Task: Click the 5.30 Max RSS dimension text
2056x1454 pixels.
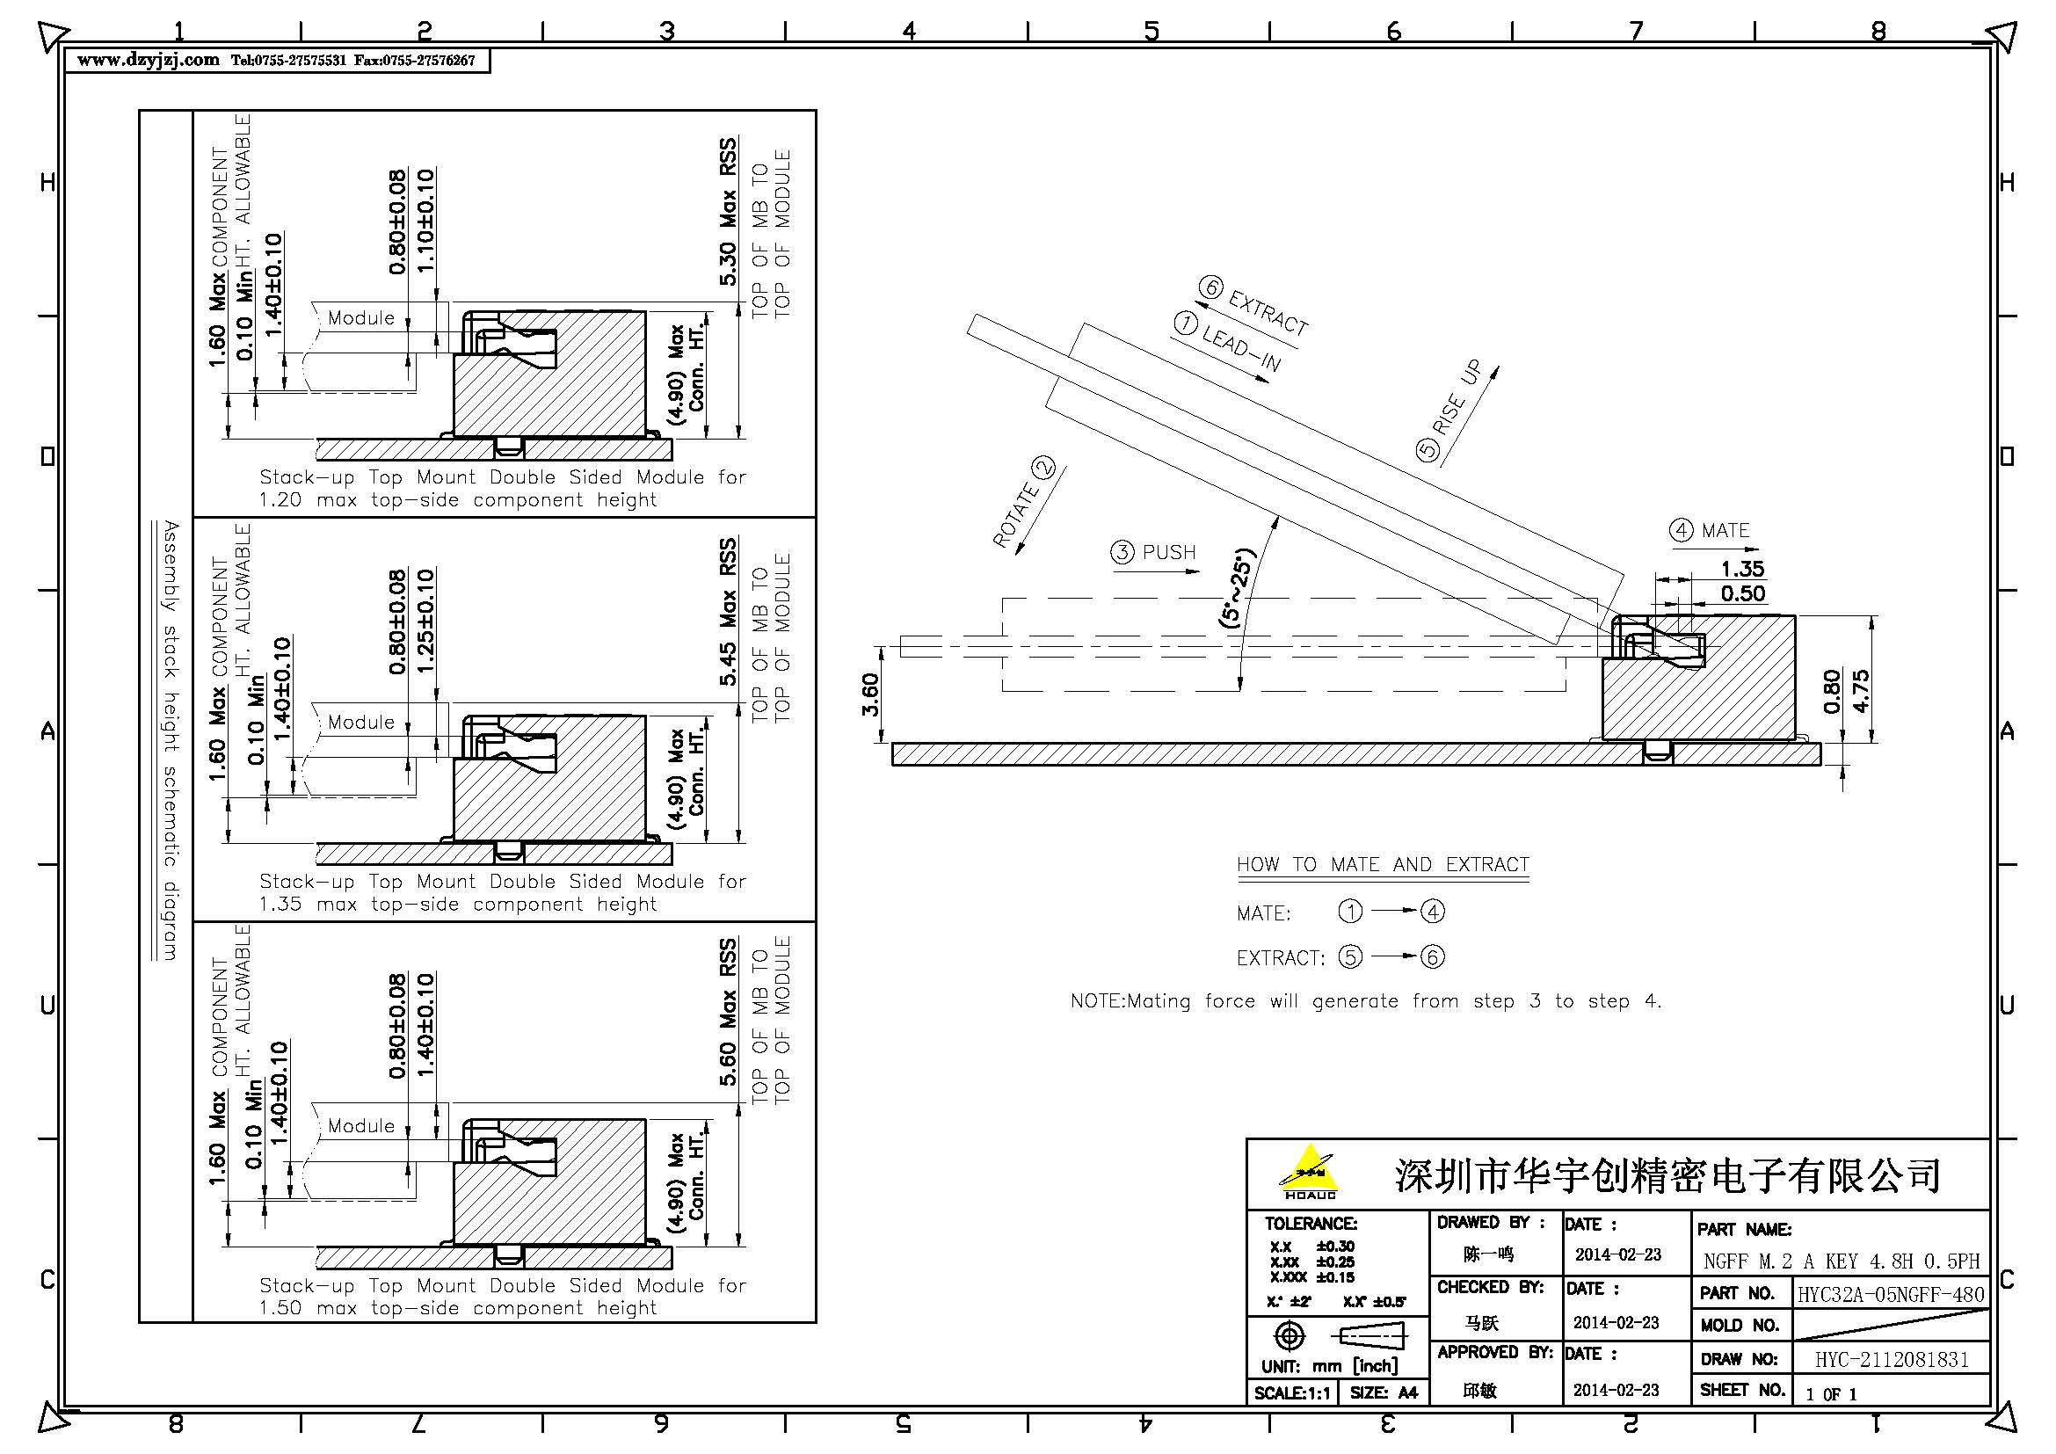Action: tap(728, 212)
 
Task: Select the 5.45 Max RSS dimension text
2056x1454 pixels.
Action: tap(728, 613)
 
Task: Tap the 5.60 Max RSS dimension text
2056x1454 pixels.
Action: tap(728, 1013)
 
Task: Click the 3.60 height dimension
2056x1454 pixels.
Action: tap(870, 694)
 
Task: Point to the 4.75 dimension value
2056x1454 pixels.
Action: tap(1861, 691)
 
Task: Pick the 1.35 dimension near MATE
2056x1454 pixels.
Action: tap(1741, 569)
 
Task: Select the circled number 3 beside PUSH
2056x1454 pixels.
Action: tap(1122, 552)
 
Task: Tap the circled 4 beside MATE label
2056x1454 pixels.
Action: tap(1681, 530)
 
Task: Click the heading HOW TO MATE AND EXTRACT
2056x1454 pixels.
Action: tap(1383, 865)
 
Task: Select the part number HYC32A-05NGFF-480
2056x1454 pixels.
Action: tap(1891, 1294)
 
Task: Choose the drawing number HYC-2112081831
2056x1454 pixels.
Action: tap(1892, 1360)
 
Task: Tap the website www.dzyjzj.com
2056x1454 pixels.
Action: tap(148, 60)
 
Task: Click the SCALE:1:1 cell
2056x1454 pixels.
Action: tap(1291, 1393)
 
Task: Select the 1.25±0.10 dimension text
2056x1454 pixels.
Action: tap(425, 621)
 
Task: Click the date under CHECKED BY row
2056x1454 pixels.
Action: tap(1616, 1322)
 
